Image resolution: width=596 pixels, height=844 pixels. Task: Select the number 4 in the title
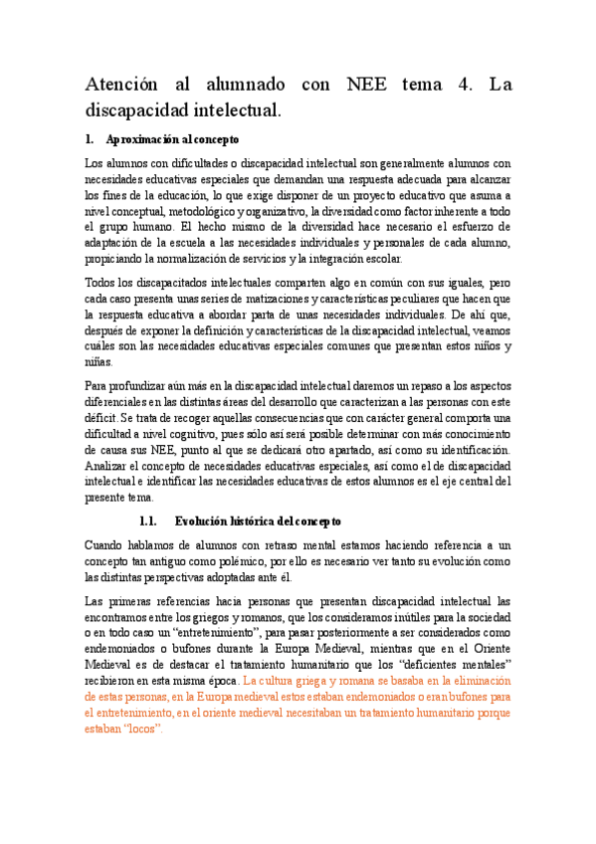pyautogui.click(x=465, y=86)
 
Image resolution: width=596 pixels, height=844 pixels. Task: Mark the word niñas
pyautogui.click(x=99, y=363)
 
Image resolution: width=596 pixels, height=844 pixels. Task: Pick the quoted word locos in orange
pyautogui.click(x=142, y=729)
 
